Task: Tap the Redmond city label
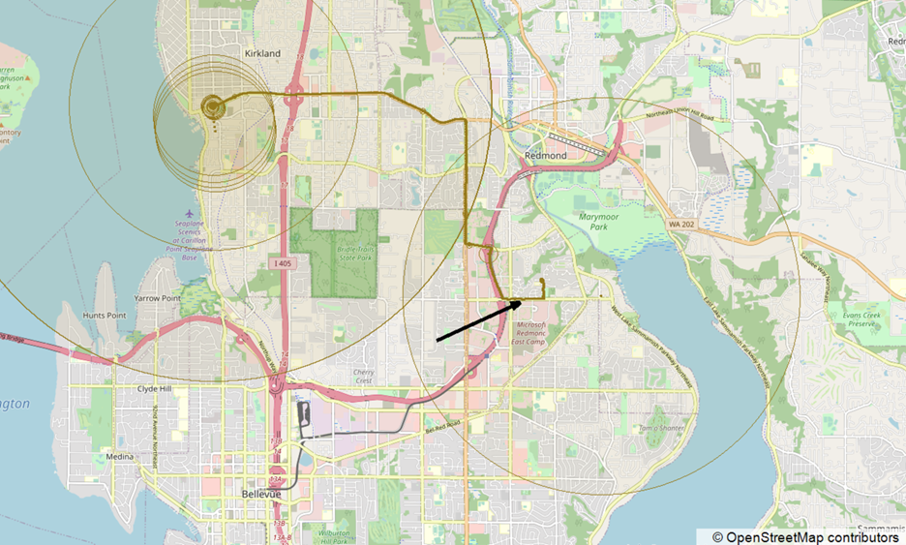545,155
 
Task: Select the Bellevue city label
260,494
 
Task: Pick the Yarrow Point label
159,298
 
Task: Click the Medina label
120,457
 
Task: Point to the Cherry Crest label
363,376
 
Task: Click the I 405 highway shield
282,263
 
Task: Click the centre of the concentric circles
211,105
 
